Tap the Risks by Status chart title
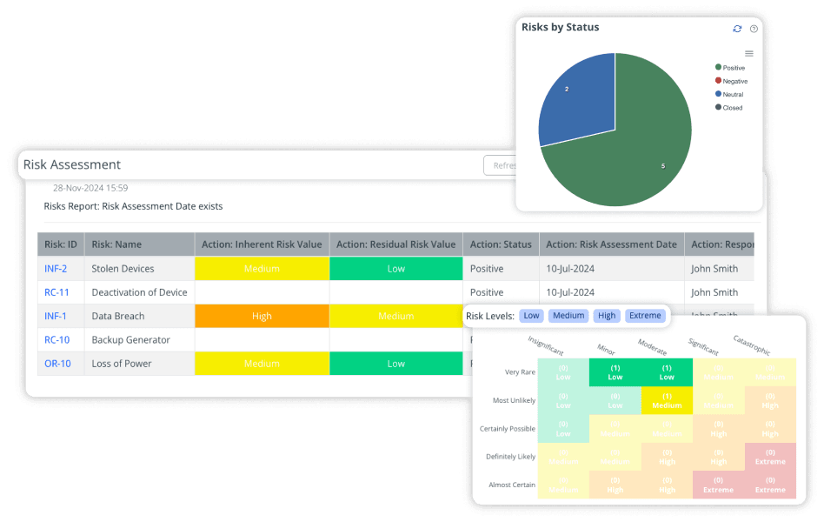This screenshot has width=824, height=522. coord(560,27)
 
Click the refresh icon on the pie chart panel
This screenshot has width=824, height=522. coord(737,29)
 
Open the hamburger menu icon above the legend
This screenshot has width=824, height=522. coord(749,53)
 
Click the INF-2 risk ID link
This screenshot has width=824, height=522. coord(56,269)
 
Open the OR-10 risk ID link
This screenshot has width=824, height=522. coord(57,364)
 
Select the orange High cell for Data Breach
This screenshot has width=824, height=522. coord(262,317)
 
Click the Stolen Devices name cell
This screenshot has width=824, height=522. coord(123,269)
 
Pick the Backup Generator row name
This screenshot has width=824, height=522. coord(130,340)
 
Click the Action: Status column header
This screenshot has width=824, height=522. coord(500,244)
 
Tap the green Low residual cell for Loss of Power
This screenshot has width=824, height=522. coord(395,364)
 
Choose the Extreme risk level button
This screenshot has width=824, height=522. coord(644,316)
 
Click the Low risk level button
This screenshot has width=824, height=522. coord(531,316)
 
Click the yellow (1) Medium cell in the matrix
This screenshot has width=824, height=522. coord(667,401)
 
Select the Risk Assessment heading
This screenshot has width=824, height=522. coord(72,164)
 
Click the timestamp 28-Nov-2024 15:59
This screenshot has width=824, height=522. coord(90,188)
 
